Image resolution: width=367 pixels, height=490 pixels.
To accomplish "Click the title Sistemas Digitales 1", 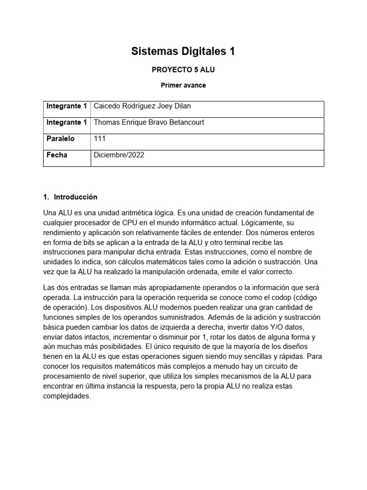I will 183,52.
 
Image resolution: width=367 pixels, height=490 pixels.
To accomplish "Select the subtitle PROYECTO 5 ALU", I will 183,69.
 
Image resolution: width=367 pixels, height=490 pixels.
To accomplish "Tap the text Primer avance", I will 183,85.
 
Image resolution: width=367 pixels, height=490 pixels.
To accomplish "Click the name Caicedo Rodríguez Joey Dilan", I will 142,106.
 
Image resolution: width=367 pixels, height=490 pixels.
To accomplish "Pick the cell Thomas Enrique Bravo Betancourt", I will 149,122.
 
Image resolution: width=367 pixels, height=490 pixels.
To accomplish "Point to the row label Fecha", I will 57,155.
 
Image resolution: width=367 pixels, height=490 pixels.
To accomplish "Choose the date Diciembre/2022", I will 119,155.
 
